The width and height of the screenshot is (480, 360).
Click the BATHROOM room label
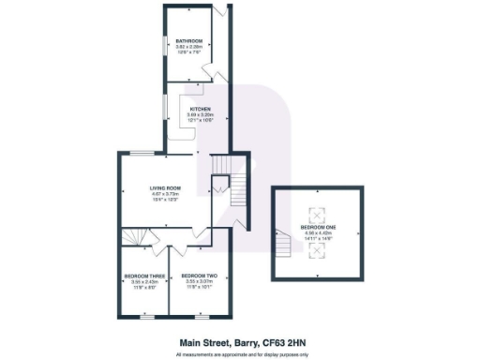click(x=190, y=40)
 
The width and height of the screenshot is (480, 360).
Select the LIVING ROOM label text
click(x=166, y=188)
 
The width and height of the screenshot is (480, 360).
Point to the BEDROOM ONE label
click(x=319, y=228)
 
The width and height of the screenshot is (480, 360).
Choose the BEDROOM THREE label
click(x=144, y=275)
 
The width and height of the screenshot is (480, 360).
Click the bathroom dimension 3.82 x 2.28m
click(x=190, y=46)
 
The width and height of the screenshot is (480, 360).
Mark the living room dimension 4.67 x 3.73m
click(x=166, y=194)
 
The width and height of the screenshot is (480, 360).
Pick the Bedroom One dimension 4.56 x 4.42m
click(x=319, y=233)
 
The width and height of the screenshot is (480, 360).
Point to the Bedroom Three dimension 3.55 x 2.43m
click(x=144, y=280)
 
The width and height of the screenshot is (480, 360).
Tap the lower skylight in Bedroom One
click(x=319, y=250)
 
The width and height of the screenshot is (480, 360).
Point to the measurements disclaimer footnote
click(x=239, y=354)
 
